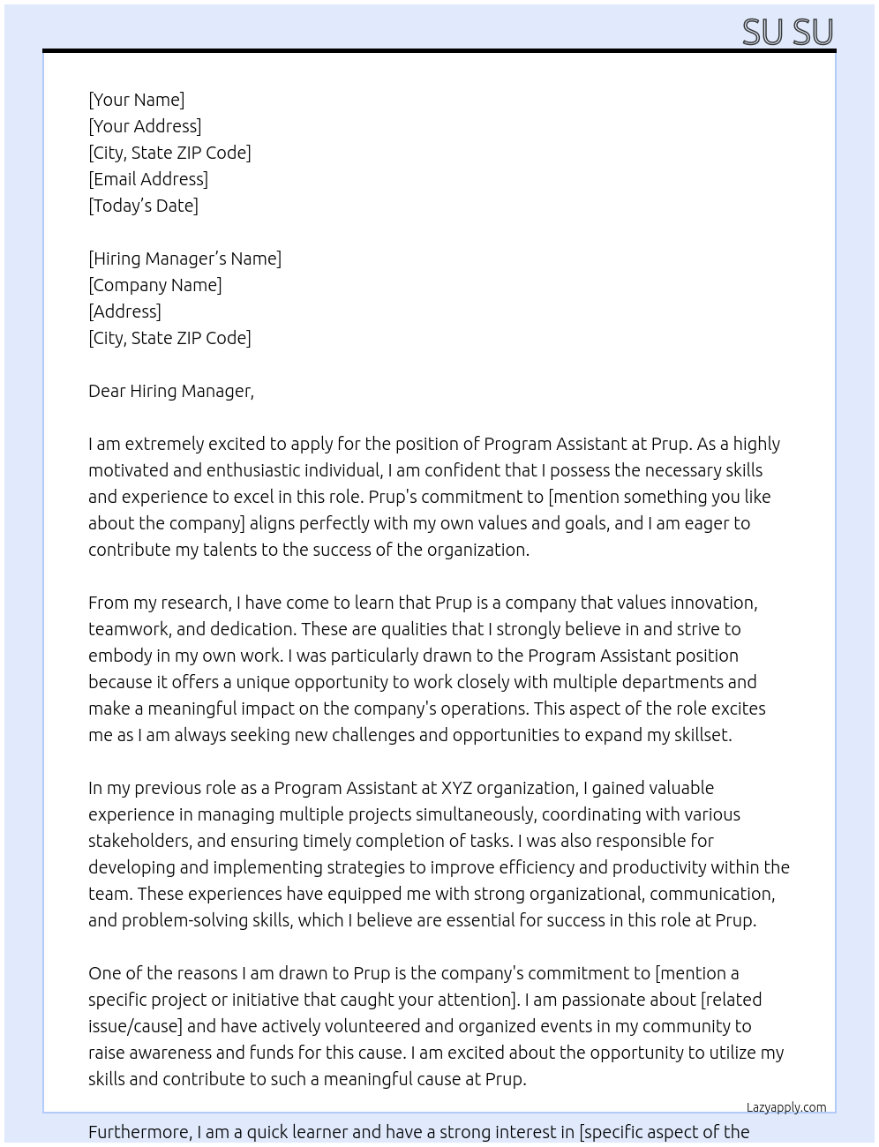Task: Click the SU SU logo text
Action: [x=787, y=32]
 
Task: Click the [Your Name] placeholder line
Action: [x=137, y=100]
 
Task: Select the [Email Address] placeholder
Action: [x=148, y=179]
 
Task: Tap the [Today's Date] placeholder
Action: [x=143, y=206]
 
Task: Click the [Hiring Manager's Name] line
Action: [x=184, y=259]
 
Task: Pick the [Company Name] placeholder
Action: [x=155, y=285]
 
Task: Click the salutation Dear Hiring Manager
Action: [x=170, y=391]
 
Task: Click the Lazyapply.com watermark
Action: [x=786, y=1107]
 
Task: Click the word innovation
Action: [x=713, y=603]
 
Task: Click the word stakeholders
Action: [x=139, y=841]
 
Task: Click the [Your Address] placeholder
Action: [x=145, y=126]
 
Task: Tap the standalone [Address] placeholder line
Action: [x=124, y=311]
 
